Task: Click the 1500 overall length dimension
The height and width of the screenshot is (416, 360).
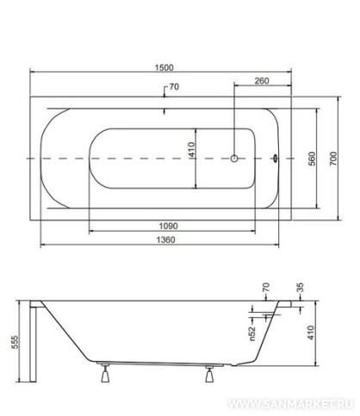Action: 164,67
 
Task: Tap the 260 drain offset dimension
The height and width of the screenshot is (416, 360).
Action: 262,81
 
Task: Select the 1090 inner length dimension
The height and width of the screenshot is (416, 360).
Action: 168,226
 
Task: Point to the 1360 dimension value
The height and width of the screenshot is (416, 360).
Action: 165,239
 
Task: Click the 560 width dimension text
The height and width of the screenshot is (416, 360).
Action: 312,158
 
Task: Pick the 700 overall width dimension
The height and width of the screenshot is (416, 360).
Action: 333,158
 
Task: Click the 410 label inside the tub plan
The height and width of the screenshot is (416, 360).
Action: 192,150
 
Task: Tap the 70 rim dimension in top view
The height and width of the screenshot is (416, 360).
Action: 174,86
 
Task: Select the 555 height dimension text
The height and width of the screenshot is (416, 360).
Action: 15,342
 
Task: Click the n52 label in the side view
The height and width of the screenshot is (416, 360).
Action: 251,333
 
